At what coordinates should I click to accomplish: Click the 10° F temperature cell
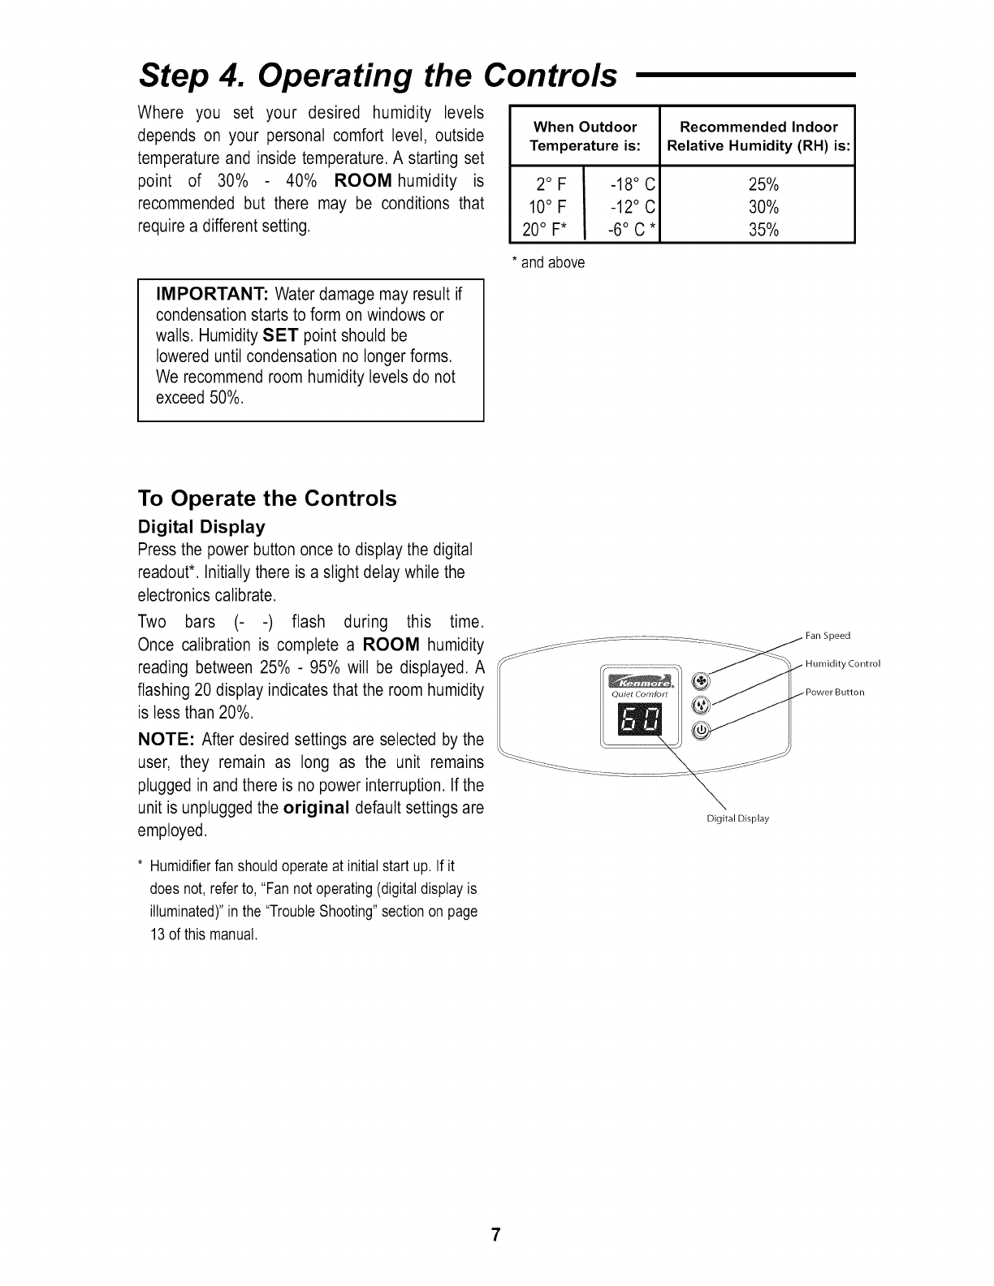pyautogui.click(x=544, y=206)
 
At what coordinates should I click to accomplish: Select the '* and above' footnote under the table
pyautogui.click(x=547, y=263)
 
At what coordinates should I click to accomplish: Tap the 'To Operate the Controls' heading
pyautogui.click(x=268, y=498)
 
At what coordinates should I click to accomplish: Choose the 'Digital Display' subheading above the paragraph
pyautogui.click(x=202, y=527)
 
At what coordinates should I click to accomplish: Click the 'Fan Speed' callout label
pyautogui.click(x=827, y=636)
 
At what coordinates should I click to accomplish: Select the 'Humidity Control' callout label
pyautogui.click(x=842, y=664)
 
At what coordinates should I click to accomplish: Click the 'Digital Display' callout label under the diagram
pyautogui.click(x=737, y=818)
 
